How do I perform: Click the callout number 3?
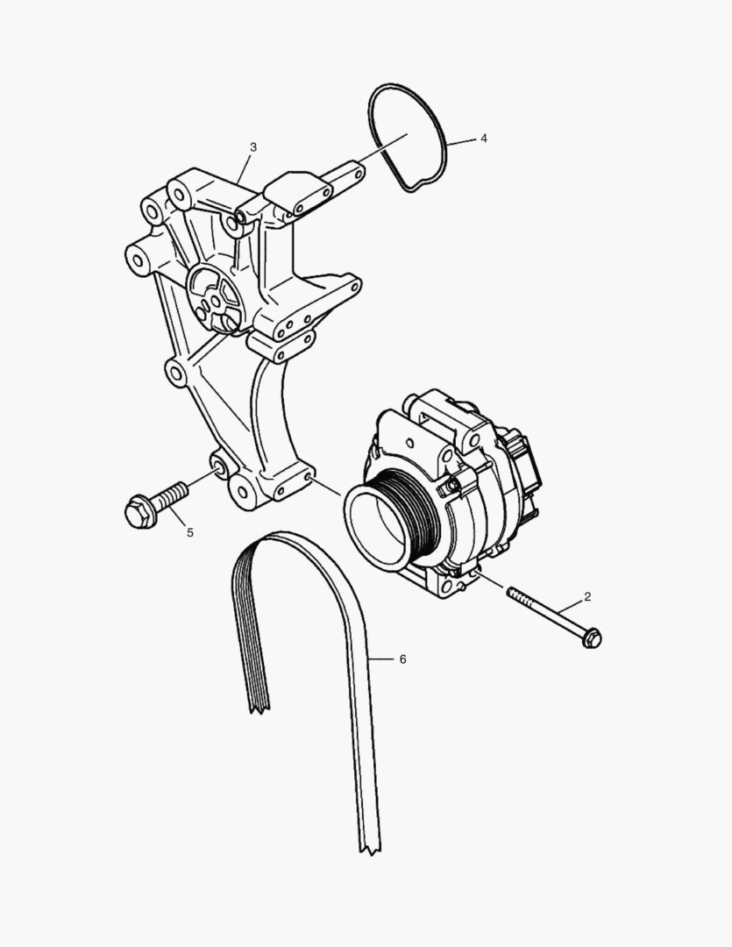pos(253,146)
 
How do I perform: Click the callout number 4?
pos(483,139)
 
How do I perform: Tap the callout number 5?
pos(190,531)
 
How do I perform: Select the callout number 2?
pos(587,596)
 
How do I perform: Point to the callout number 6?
pos(402,659)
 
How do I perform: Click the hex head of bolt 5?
pos(139,511)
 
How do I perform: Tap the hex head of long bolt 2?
pos(592,638)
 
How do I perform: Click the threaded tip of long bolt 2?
pos(512,594)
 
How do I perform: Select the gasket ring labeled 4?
pos(442,132)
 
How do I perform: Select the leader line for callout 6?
pos(383,658)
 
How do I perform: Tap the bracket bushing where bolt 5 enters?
pos(220,467)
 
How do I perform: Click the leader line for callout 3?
pos(245,166)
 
